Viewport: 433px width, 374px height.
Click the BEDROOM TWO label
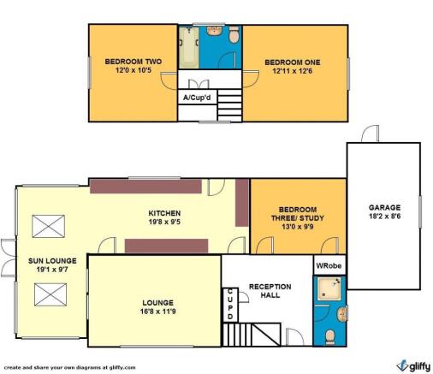(x=133, y=62)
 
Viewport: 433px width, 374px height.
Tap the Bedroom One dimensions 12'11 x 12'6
(x=293, y=71)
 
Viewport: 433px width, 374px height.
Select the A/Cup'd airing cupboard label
(x=197, y=98)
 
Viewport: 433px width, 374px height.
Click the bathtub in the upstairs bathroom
(x=188, y=47)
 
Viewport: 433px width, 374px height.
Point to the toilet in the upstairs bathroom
(x=234, y=34)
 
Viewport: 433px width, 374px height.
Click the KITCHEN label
(x=164, y=213)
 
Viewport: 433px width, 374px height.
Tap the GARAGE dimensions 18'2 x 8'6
(x=385, y=217)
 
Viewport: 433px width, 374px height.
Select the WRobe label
(x=329, y=265)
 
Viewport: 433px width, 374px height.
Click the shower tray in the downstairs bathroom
(x=329, y=288)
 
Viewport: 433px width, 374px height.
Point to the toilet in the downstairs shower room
(x=330, y=335)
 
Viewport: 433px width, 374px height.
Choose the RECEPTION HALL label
(x=270, y=291)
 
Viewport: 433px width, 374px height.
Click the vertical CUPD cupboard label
(x=230, y=305)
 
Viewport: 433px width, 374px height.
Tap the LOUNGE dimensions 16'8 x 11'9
(x=157, y=312)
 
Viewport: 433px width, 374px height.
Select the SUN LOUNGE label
(x=52, y=261)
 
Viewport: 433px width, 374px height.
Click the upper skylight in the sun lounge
(x=49, y=226)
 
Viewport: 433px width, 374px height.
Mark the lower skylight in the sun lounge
(x=50, y=294)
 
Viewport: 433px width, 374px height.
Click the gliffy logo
(x=413, y=365)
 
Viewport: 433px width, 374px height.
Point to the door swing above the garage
(x=371, y=134)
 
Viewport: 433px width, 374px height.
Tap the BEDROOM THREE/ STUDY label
(x=298, y=214)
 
